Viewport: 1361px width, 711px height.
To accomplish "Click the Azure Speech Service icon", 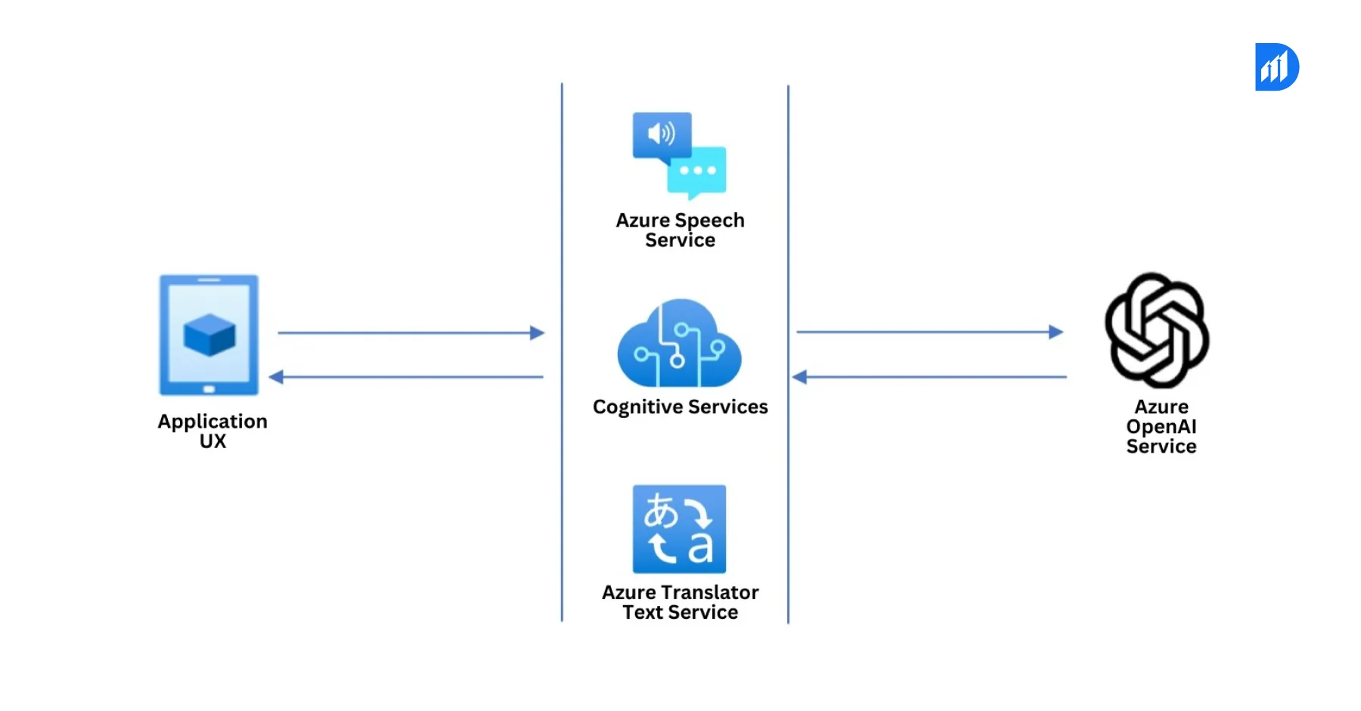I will click(679, 155).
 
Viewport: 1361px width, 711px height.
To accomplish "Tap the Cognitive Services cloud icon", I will click(679, 344).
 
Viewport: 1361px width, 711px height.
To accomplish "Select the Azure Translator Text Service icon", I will click(679, 529).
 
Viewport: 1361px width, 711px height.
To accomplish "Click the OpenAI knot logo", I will click(1157, 330).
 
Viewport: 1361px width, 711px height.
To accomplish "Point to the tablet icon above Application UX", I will click(209, 335).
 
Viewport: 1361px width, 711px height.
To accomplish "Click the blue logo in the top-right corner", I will click(1276, 67).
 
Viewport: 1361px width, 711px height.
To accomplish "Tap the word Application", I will click(212, 421).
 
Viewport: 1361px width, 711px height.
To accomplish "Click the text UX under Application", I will click(212, 441).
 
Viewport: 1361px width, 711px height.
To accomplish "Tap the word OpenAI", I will click(1161, 427).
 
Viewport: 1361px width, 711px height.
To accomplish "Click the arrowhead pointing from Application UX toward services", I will click(537, 332).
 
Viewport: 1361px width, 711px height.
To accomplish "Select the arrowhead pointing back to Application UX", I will click(277, 376).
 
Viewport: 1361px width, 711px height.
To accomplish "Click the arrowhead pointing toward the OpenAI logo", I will click(1056, 332).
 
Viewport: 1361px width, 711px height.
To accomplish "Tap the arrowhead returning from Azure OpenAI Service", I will click(800, 376).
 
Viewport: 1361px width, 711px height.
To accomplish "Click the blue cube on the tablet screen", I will click(209, 335).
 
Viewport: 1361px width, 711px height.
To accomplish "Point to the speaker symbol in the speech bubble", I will click(660, 134).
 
